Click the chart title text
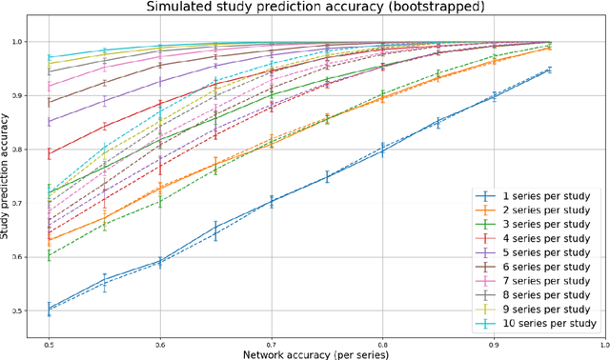pyautogui.click(x=315, y=7)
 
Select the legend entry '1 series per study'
pyautogui.click(x=539, y=197)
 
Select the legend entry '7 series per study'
pyautogui.click(x=539, y=283)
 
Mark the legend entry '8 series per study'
pyautogui.click(x=539, y=297)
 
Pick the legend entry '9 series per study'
pyautogui.click(x=539, y=311)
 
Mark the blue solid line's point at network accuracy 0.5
pyautogui.click(x=49, y=308)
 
